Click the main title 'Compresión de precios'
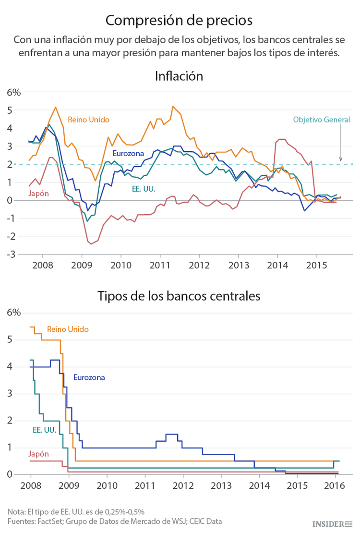click(x=179, y=20)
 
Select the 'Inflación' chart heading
click(x=179, y=76)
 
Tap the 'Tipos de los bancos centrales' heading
click(x=179, y=296)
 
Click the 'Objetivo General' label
click(x=321, y=120)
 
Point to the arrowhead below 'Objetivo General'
click(x=341, y=159)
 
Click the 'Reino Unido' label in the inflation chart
click(x=89, y=120)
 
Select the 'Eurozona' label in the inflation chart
click(x=128, y=154)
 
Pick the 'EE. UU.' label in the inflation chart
click(x=144, y=189)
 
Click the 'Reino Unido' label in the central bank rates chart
click(x=68, y=329)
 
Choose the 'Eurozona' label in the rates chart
click(x=89, y=377)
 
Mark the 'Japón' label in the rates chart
click(x=38, y=454)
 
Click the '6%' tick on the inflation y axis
click(x=13, y=93)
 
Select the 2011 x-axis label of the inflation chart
click(x=159, y=265)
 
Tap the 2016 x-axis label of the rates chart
click(x=334, y=485)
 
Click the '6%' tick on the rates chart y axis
click(x=13, y=313)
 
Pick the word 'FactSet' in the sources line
click(x=51, y=521)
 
